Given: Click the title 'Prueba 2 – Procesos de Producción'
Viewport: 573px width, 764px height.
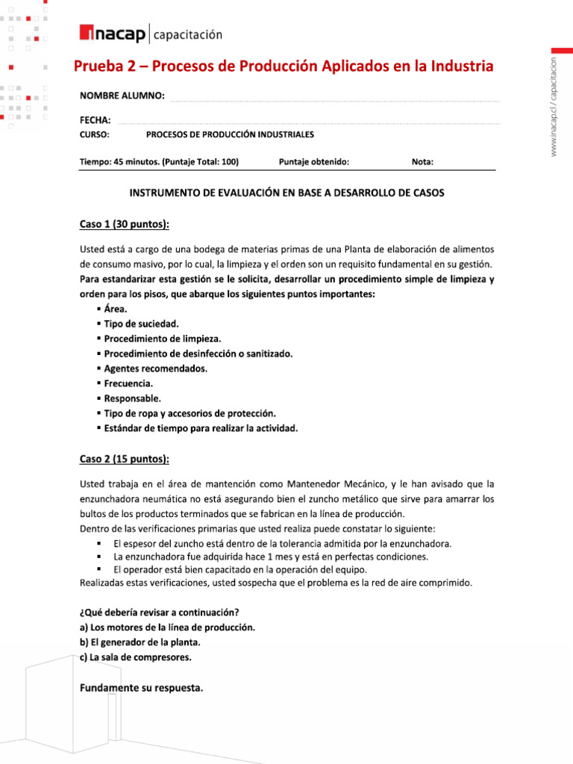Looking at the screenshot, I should pyautogui.click(x=284, y=66).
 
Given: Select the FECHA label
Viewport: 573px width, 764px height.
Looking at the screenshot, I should pyautogui.click(x=95, y=120).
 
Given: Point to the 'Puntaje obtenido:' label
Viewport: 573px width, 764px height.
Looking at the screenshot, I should pyautogui.click(x=313, y=162).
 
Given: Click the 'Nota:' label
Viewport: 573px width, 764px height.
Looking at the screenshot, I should pyautogui.click(x=422, y=162).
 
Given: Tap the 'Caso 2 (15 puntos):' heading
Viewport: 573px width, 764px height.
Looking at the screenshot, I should pyautogui.click(x=125, y=458).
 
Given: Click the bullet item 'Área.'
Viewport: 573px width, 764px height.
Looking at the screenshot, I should pyautogui.click(x=116, y=309).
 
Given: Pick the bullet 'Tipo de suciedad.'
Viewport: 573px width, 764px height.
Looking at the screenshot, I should pyautogui.click(x=141, y=324).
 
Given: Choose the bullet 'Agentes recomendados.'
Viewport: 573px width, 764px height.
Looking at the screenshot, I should pyautogui.click(x=155, y=369).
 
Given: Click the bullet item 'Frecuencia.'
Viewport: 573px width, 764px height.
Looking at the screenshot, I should pyautogui.click(x=128, y=383).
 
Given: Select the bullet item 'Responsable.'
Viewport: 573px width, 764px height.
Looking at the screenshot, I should pyautogui.click(x=132, y=398).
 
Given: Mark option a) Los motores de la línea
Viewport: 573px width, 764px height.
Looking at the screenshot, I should pyautogui.click(x=167, y=627).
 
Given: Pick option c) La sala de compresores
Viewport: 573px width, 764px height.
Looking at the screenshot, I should pyautogui.click(x=135, y=657).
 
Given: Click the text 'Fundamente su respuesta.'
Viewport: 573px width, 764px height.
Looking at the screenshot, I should pyautogui.click(x=141, y=688).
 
